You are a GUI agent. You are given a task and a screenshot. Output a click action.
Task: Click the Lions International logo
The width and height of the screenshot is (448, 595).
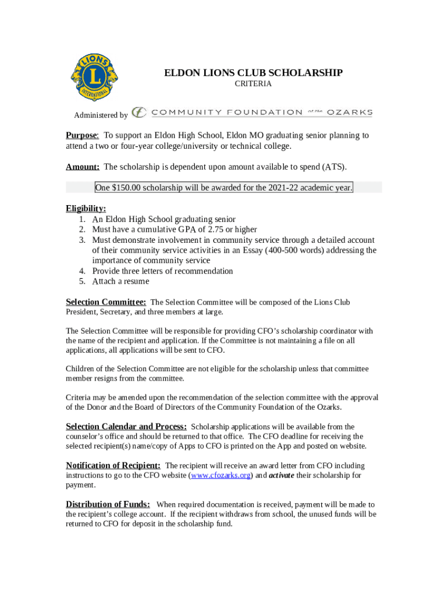(93, 77)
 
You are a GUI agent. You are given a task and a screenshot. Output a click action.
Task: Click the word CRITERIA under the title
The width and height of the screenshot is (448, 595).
(253, 84)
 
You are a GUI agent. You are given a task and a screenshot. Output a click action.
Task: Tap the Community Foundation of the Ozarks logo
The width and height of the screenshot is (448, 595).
(252, 112)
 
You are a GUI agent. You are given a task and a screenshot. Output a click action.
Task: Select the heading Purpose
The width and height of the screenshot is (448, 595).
(82, 135)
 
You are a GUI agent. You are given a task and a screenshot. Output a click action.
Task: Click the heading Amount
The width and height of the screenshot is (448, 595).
(83, 167)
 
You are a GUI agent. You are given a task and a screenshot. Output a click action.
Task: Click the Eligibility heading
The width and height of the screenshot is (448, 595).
(86, 209)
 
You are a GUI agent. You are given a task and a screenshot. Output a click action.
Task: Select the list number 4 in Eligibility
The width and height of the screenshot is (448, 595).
(82, 271)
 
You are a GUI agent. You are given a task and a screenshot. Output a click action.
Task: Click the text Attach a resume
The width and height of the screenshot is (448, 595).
(120, 282)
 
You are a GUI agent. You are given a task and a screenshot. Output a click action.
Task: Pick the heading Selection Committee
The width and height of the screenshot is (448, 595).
(106, 302)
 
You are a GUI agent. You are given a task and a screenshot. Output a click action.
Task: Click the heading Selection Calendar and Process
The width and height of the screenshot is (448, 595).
(126, 426)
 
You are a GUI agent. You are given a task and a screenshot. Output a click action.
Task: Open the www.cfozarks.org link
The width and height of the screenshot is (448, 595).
(221, 475)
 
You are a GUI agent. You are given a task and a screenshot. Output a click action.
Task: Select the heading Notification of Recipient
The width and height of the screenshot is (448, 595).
(113, 465)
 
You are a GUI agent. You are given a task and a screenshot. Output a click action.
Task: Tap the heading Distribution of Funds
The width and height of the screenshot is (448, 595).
(108, 504)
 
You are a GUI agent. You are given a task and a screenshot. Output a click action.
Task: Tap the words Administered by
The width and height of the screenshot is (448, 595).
(101, 116)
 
